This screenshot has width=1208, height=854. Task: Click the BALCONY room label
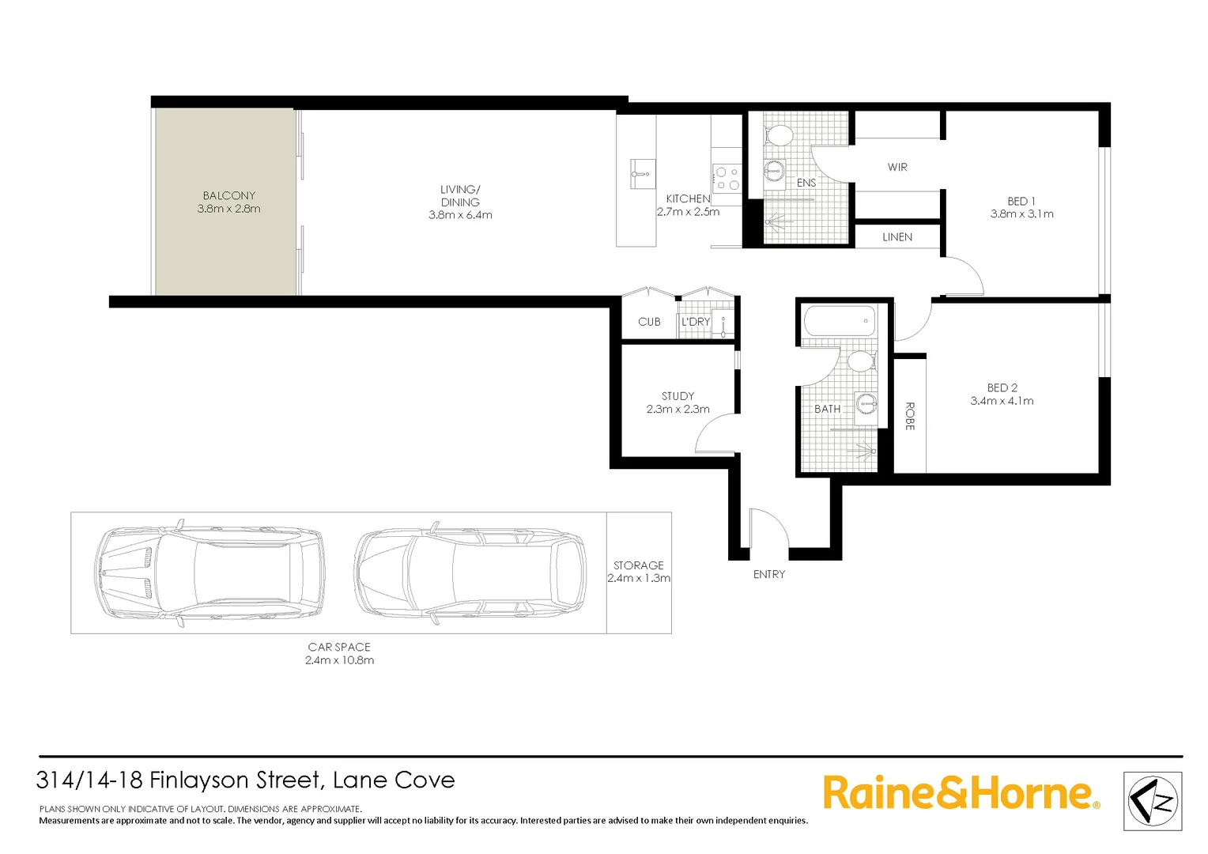pyautogui.click(x=228, y=195)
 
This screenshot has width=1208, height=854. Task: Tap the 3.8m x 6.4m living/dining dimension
pyautogui.click(x=460, y=215)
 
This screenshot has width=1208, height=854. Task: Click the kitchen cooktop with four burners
pyautogui.click(x=727, y=178)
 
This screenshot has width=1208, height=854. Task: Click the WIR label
pyautogui.click(x=897, y=167)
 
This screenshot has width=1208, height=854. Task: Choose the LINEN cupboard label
pyautogui.click(x=897, y=236)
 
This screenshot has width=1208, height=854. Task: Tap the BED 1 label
pyautogui.click(x=1021, y=201)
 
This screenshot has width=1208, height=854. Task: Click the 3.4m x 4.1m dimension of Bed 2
pyautogui.click(x=1002, y=401)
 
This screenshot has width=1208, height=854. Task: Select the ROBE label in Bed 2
pyautogui.click(x=910, y=416)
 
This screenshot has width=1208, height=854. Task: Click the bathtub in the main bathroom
pyautogui.click(x=839, y=321)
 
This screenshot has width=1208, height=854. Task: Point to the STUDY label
pyautogui.click(x=678, y=395)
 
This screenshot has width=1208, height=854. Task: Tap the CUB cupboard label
pyautogui.click(x=649, y=322)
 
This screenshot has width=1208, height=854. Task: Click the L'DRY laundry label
pyautogui.click(x=696, y=322)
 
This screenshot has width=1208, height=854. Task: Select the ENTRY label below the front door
pyautogui.click(x=769, y=574)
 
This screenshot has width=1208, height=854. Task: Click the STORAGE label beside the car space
pyautogui.click(x=639, y=565)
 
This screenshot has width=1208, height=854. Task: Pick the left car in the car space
pyautogui.click(x=210, y=573)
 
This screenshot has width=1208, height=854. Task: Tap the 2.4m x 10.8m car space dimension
pyautogui.click(x=339, y=660)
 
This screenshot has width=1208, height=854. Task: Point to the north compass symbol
pyautogui.click(x=1153, y=801)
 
